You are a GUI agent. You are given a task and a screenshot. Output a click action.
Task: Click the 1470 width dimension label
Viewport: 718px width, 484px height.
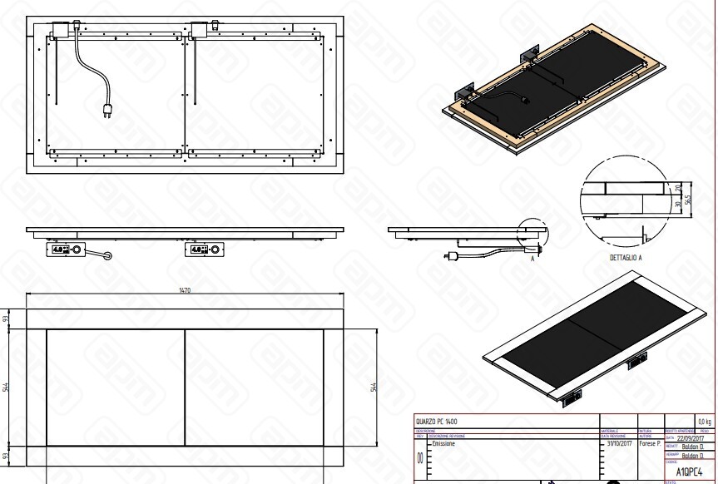(x=185, y=290)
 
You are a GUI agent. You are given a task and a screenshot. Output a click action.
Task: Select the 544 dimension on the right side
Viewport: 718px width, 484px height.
(x=374, y=388)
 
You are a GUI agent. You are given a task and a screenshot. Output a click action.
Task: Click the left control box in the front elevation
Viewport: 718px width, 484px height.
(x=64, y=248)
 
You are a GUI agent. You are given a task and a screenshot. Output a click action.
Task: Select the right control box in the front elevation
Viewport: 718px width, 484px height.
(x=204, y=248)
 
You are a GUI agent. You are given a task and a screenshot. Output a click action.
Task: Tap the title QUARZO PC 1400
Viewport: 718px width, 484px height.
(x=436, y=422)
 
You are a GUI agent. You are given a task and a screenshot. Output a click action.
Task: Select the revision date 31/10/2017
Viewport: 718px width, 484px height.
(x=617, y=444)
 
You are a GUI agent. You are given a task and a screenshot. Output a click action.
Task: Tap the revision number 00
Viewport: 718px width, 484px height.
(x=419, y=457)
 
